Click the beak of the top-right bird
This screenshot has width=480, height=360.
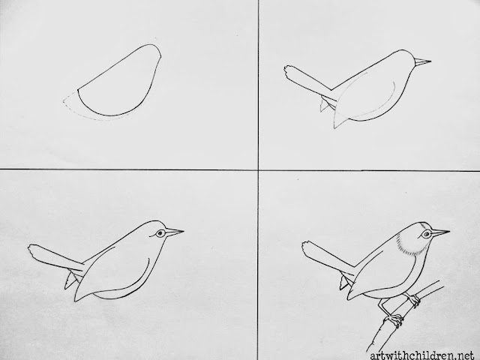coord(421,61)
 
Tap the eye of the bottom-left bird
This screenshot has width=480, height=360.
coord(160,233)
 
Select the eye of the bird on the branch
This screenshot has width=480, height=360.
coord(426,235)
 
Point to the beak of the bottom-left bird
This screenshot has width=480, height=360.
coord(174,232)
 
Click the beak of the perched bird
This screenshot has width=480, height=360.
coord(440,232)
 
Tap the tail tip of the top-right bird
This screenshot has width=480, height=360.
coord(288,72)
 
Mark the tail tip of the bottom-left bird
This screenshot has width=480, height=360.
coord(32,250)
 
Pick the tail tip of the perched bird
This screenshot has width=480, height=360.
coord(306,247)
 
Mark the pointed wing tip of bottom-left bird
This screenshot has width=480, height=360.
coord(75,300)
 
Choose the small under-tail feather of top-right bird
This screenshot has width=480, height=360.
coord(325,104)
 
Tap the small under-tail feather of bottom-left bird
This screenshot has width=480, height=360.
coord(70,280)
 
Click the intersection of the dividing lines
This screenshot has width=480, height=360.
coord(258,169)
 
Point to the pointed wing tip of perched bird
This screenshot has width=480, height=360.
coord(349,298)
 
